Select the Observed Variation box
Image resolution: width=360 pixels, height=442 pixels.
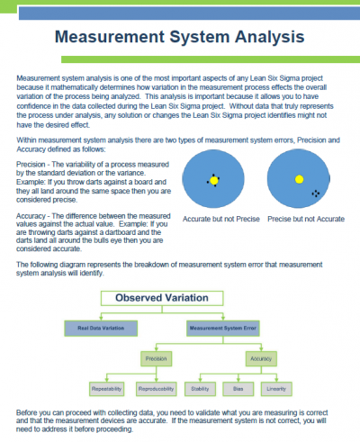tap(179, 299)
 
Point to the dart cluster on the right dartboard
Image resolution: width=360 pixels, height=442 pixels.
tap(315, 194)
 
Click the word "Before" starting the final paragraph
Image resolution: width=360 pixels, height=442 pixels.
tap(28, 412)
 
